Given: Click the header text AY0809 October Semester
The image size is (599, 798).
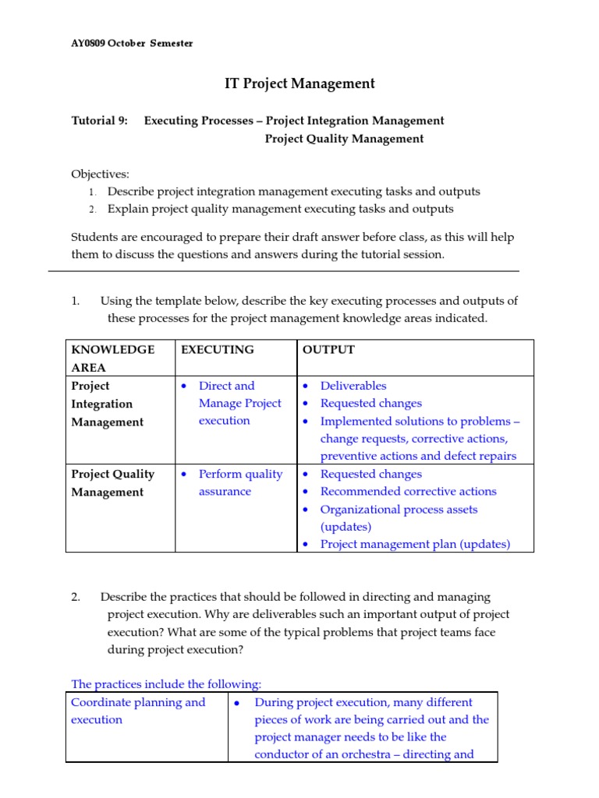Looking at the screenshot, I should pyautogui.click(x=132, y=44).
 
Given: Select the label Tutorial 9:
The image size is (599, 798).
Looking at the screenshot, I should pyautogui.click(x=99, y=121).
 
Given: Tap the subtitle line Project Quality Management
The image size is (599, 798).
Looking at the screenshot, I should pyautogui.click(x=344, y=139).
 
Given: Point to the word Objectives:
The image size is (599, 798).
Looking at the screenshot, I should pyautogui.click(x=100, y=174).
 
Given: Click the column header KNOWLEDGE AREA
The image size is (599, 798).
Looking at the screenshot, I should pyautogui.click(x=113, y=358).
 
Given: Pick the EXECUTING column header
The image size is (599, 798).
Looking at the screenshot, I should pyautogui.click(x=217, y=350).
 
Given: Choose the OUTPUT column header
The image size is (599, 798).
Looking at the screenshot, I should pyautogui.click(x=328, y=350).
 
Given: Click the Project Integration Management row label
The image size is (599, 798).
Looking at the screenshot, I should pyautogui.click(x=108, y=404).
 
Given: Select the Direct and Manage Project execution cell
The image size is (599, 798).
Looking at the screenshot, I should pyautogui.click(x=239, y=403).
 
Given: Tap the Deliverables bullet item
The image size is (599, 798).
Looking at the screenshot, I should pyautogui.click(x=353, y=386).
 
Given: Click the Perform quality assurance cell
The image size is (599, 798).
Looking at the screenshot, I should pyautogui.click(x=240, y=482).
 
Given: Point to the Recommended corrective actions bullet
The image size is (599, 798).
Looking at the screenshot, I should pyautogui.click(x=408, y=492).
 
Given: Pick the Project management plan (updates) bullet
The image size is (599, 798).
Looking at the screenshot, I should pyautogui.click(x=415, y=545).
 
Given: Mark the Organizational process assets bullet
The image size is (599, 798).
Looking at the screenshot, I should pyautogui.click(x=399, y=510).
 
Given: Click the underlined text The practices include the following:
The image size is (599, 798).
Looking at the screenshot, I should pyautogui.click(x=166, y=684).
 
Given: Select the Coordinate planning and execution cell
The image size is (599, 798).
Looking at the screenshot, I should pyautogui.click(x=138, y=711).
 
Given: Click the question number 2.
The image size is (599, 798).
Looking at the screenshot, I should pyautogui.click(x=76, y=597).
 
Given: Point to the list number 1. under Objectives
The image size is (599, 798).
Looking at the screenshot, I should pyautogui.click(x=91, y=192).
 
